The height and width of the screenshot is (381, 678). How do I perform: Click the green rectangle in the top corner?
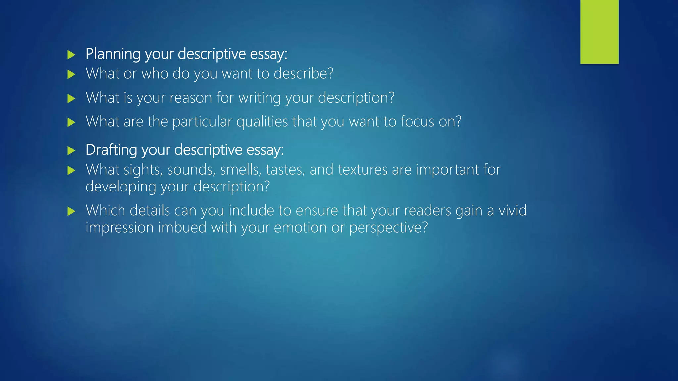click(599, 31)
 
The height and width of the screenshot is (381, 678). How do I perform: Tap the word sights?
click(143, 170)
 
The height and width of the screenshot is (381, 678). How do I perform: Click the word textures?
click(363, 170)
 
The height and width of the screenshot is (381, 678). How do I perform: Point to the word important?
click(447, 170)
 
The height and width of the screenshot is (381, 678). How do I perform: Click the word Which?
click(105, 210)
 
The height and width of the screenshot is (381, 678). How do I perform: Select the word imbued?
click(182, 228)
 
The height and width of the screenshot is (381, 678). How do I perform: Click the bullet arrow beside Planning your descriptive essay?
click(71, 55)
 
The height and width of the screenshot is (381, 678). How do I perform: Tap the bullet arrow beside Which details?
click(71, 211)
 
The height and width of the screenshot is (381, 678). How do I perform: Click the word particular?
click(202, 122)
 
